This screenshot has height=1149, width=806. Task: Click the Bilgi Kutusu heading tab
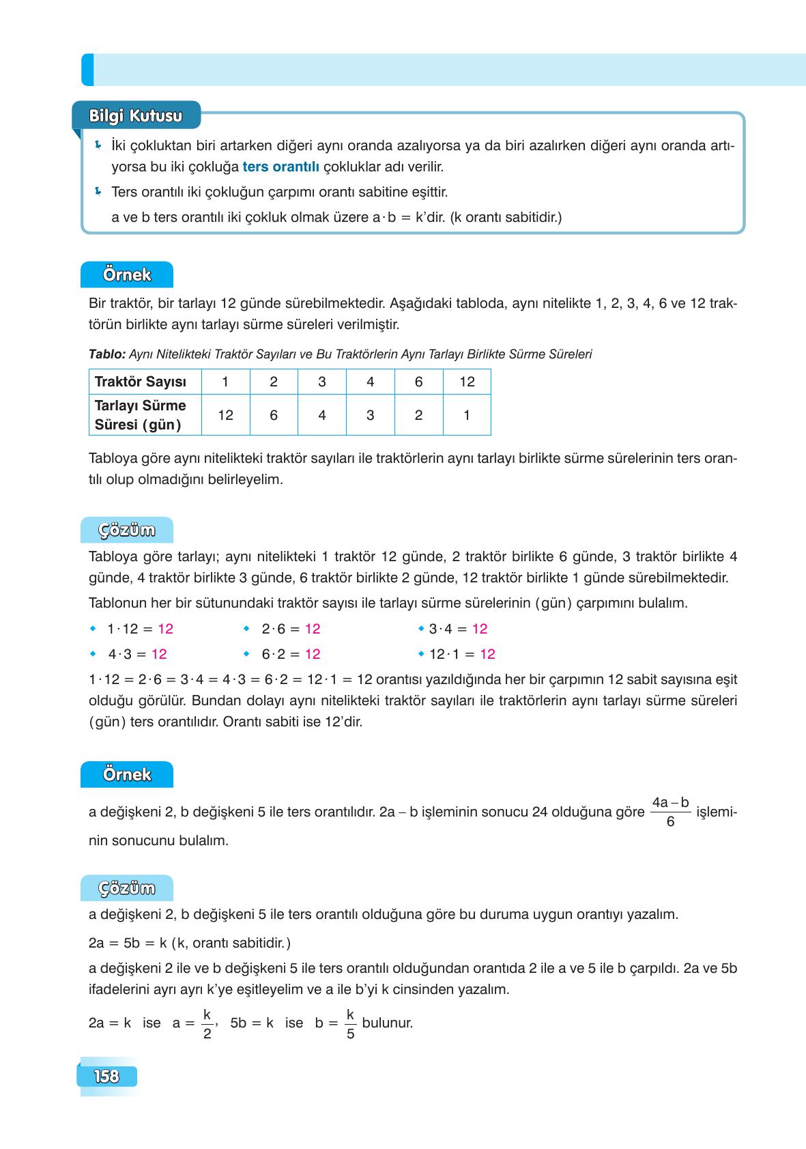click(136, 116)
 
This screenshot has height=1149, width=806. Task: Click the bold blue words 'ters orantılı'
click(280, 167)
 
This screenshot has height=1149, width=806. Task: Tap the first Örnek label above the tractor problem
click(126, 275)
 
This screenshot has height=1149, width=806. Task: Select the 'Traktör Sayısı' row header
click(140, 382)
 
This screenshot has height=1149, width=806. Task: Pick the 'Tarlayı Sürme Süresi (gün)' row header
click(141, 415)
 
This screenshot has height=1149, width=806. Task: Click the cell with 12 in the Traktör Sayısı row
click(467, 382)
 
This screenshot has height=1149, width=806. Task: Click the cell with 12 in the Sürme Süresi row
click(225, 415)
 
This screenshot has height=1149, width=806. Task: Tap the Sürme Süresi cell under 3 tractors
click(322, 415)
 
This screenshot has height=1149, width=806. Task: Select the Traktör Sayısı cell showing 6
click(418, 382)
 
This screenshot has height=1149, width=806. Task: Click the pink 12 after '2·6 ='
click(313, 629)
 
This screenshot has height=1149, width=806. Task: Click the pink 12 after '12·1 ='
click(487, 654)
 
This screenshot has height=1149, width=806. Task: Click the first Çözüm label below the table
click(126, 530)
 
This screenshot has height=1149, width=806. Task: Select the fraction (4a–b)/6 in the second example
click(670, 812)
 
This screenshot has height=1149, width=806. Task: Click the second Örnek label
click(126, 775)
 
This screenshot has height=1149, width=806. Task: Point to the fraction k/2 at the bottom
click(207, 1023)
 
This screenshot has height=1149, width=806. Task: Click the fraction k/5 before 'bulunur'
click(350, 1023)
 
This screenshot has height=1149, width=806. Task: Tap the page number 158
click(106, 1077)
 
